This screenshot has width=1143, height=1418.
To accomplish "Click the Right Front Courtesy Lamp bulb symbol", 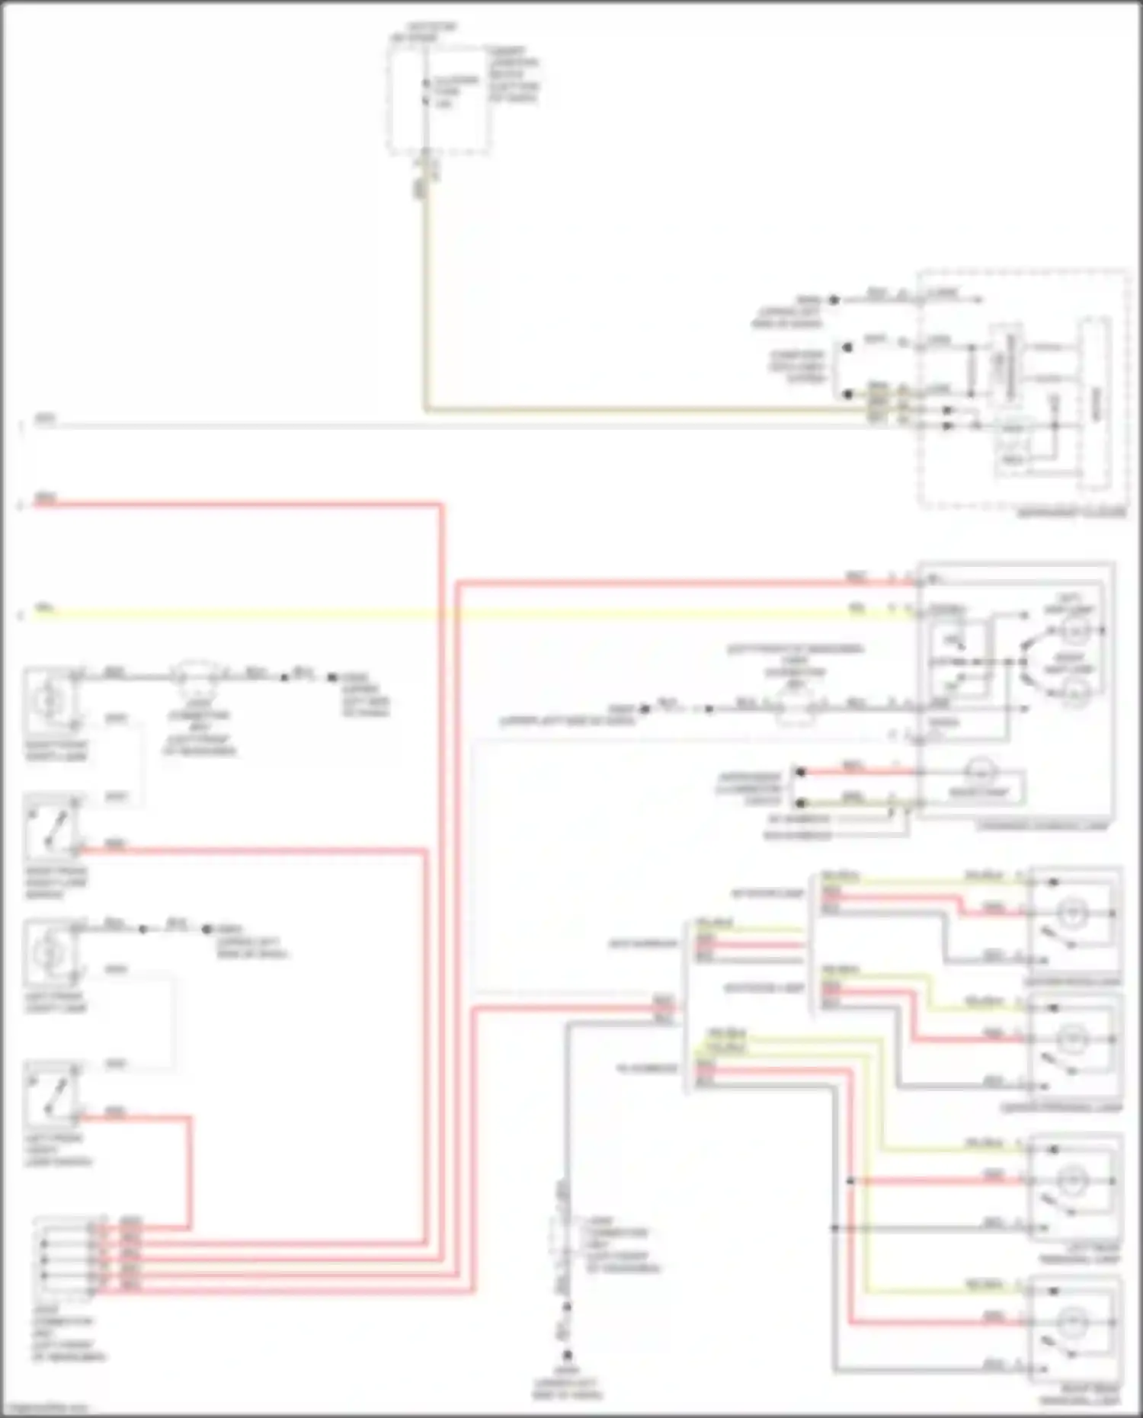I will (50, 696).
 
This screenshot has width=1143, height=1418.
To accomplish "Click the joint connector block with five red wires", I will (65, 1257).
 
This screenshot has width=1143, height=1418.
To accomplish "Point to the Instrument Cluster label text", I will (1071, 514).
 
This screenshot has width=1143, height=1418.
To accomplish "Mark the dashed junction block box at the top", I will (438, 95).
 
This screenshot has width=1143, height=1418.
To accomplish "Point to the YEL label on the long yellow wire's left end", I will (46, 608).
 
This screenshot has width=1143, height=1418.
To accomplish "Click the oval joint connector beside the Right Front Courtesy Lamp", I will (196, 674).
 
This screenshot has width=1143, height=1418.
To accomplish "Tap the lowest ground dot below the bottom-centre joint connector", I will (567, 1356).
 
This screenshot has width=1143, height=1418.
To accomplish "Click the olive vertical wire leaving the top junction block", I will (424, 305).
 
